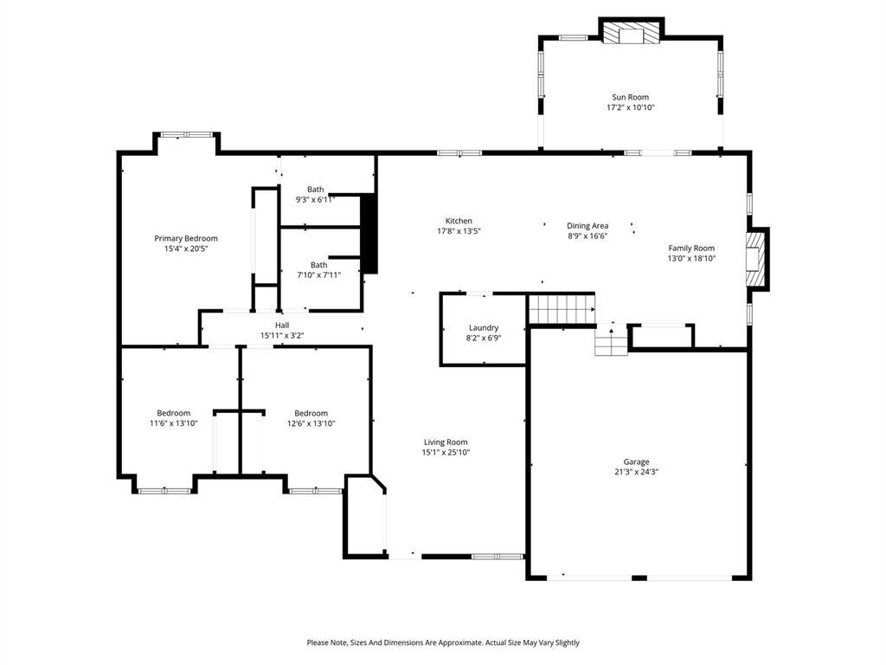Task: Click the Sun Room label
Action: [630, 97]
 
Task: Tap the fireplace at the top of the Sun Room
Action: [631, 33]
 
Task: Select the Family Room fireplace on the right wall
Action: [757, 259]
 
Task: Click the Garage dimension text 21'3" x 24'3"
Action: [636, 473]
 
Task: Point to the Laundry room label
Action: [484, 327]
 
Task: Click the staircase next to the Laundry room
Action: [562, 308]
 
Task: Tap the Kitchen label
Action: [459, 221]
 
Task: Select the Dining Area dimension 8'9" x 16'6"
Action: [587, 236]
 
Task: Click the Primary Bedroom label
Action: [186, 238]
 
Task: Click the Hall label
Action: [282, 325]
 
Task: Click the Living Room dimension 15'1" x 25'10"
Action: [446, 453]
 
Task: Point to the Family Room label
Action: [691, 248]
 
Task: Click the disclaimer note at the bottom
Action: [443, 642]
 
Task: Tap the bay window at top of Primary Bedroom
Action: [187, 135]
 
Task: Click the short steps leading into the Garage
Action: [611, 342]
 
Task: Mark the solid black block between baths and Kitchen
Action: [369, 234]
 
